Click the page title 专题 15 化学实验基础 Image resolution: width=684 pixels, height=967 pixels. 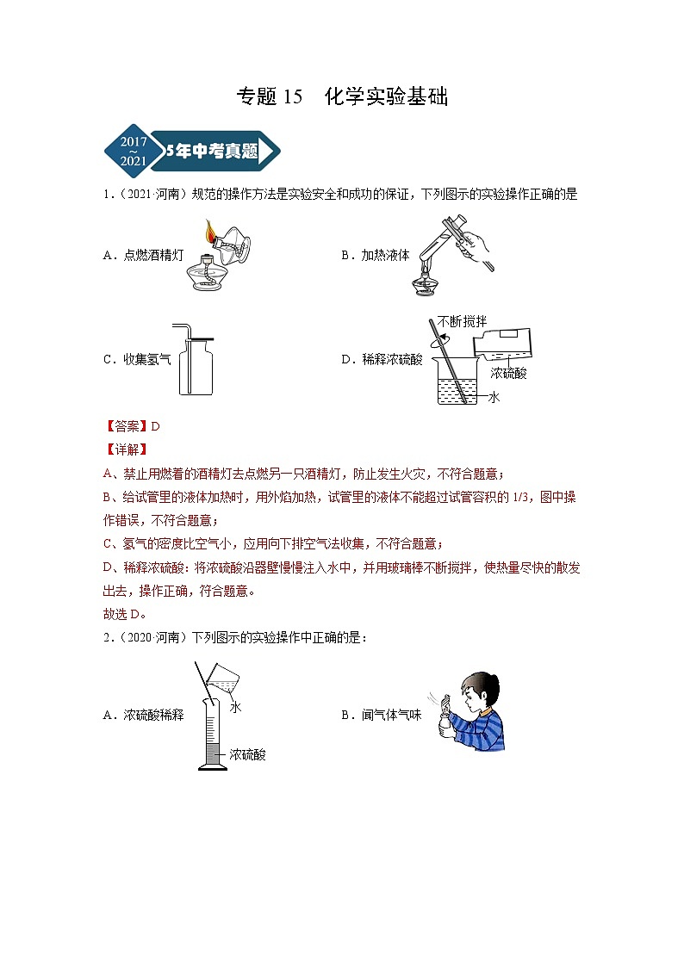[x=342, y=97]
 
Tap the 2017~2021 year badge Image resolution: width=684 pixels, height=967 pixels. [x=133, y=151]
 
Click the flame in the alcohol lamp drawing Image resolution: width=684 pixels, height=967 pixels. [x=209, y=232]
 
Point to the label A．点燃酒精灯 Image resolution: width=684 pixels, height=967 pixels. [x=142, y=255]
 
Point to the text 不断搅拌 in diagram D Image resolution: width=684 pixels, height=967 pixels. [x=462, y=321]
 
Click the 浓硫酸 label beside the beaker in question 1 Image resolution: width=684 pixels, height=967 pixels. [x=508, y=373]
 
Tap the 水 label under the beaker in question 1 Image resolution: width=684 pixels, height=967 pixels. [x=494, y=397]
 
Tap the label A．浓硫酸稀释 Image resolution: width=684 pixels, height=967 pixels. [x=142, y=715]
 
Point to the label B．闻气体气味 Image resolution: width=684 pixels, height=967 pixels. [x=386, y=715]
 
